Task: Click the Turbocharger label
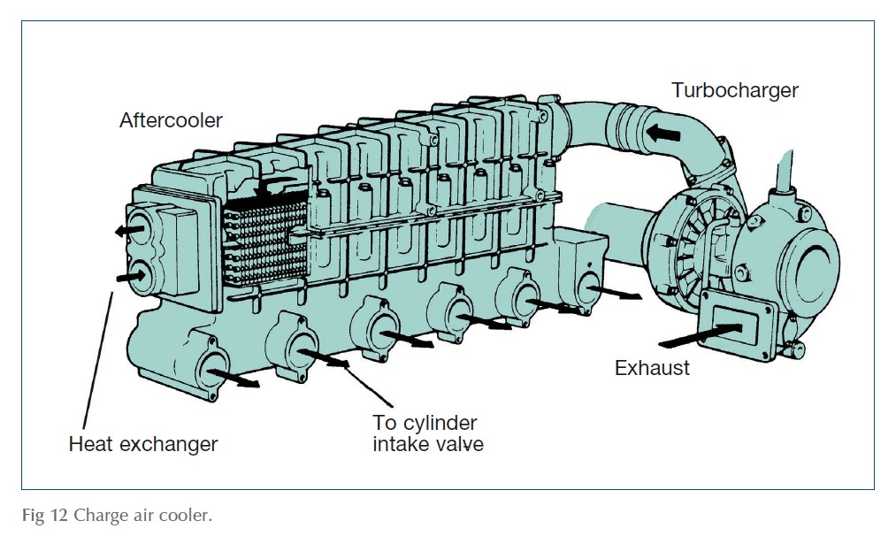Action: coord(734,90)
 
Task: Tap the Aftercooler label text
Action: coord(171,120)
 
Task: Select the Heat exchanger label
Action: coord(142,443)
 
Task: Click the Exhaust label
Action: coord(652,368)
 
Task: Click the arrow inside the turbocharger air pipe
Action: coord(662,133)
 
